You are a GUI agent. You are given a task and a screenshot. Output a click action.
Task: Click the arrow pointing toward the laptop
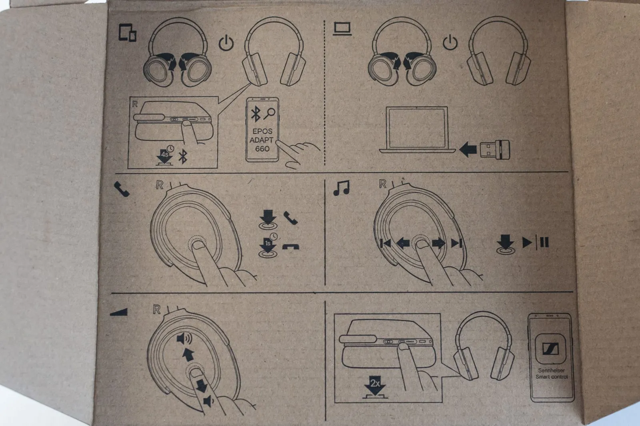468,150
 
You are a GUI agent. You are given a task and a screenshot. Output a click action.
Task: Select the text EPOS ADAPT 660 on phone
262,140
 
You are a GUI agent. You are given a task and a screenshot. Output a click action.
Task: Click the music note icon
341,187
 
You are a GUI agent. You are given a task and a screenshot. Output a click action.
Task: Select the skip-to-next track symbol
456,243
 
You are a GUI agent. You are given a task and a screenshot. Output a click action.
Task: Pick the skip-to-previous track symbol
386,243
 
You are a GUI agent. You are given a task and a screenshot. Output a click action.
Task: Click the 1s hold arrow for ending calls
268,246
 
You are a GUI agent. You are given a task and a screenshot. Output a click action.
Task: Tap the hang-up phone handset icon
290,247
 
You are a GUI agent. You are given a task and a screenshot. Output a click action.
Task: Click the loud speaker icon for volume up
184,340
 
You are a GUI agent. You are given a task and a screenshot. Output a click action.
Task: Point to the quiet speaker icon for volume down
208,400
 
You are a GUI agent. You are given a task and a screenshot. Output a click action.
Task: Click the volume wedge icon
119,311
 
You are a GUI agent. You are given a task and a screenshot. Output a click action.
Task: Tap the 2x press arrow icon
375,387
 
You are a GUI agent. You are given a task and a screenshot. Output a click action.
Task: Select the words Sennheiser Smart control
551,374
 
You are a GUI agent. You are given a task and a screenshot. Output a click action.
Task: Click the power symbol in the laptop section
451,42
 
